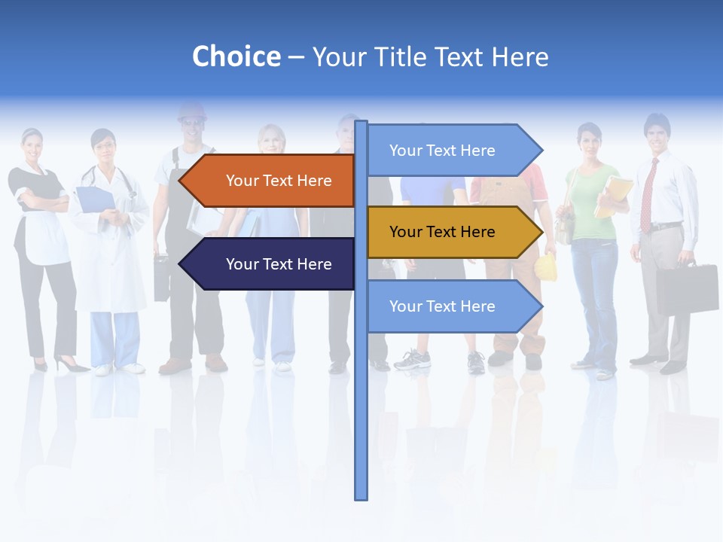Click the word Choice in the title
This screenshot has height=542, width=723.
click(236, 57)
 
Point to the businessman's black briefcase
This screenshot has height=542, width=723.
click(687, 288)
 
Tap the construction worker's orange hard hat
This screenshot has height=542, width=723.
click(191, 112)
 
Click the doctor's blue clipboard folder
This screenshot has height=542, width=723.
click(95, 200)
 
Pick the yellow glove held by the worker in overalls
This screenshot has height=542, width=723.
click(546, 268)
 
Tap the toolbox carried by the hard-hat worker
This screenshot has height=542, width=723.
click(162, 278)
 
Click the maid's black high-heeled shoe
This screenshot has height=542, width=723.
click(72, 366)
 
